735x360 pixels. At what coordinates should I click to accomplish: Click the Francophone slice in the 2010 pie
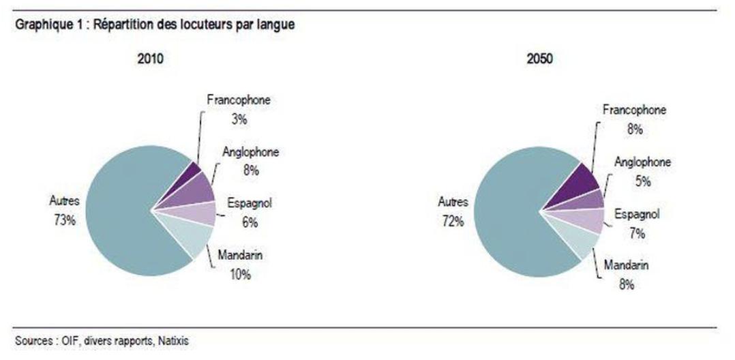click(193, 170)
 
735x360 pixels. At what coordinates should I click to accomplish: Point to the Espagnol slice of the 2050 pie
click(590, 220)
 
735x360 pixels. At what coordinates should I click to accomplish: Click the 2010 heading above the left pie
click(151, 60)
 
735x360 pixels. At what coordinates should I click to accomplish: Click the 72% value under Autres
click(453, 221)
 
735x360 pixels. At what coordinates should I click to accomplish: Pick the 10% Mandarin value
click(240, 275)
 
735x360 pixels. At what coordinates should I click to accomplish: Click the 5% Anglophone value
click(642, 182)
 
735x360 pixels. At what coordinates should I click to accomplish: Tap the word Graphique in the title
click(35, 25)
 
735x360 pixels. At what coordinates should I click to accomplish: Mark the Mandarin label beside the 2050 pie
click(627, 265)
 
